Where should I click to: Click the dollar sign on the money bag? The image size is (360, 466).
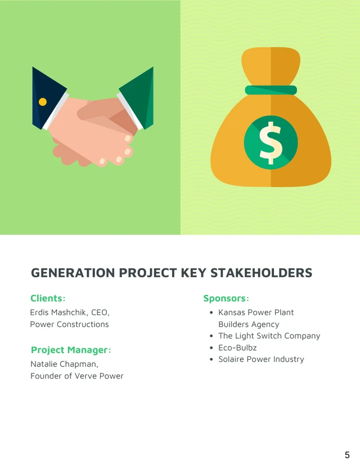click(x=271, y=142)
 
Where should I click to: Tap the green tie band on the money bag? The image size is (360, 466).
click(x=271, y=90)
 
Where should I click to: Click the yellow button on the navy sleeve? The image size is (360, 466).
click(x=42, y=102)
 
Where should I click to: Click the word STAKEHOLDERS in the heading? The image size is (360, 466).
click(x=261, y=273)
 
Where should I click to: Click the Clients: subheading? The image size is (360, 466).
click(x=48, y=298)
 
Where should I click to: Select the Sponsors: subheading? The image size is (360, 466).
click(x=226, y=298)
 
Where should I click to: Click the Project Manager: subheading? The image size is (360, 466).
click(x=71, y=350)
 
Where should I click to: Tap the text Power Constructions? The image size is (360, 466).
click(x=69, y=324)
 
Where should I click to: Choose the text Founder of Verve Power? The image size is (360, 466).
click(x=76, y=376)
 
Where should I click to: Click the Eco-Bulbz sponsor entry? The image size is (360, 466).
click(x=237, y=348)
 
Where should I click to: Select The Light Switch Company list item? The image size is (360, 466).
click(x=269, y=336)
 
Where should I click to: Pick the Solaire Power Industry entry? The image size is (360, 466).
click(x=261, y=359)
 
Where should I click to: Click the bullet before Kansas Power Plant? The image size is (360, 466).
click(x=210, y=313)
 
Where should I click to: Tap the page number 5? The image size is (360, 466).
click(x=347, y=455)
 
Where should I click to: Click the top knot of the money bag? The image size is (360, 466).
click(x=271, y=65)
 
